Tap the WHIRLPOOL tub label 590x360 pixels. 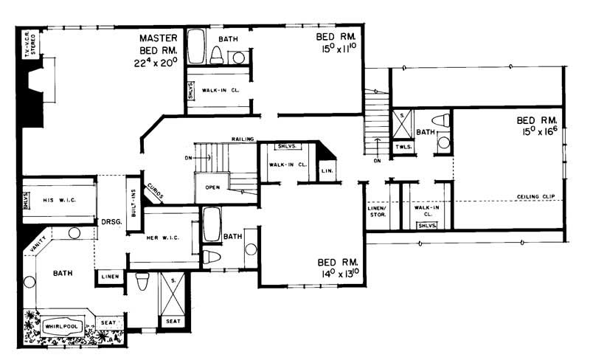pyautogui.click(x=61, y=326)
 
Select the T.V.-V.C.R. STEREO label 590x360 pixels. pyautogui.click(x=30, y=46)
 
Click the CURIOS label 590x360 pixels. pyautogui.click(x=155, y=191)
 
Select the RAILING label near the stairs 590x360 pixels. pyautogui.click(x=242, y=138)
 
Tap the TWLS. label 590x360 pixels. pyautogui.click(x=403, y=147)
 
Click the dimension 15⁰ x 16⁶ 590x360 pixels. pyautogui.click(x=538, y=133)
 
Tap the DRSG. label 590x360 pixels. pyautogui.click(x=111, y=221)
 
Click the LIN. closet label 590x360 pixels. pyautogui.click(x=327, y=171)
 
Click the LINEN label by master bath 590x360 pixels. pyautogui.click(x=108, y=277)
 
